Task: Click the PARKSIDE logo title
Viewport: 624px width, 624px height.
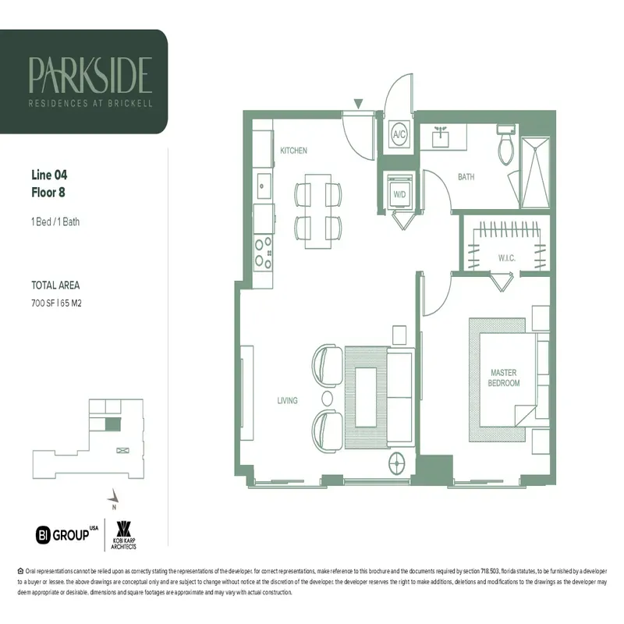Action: tap(90, 74)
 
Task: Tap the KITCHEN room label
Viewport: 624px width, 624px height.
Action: tap(293, 150)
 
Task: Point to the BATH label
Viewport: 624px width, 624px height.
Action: tap(466, 177)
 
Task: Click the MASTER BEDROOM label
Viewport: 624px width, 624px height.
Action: tap(504, 378)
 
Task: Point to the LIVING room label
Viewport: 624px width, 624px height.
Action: tap(287, 400)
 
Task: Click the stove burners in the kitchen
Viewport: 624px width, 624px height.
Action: tap(262, 252)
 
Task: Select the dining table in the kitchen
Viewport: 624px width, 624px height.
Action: tap(318, 210)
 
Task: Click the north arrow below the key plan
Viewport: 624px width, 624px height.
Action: tap(114, 495)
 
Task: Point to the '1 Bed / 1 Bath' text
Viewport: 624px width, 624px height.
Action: tap(55, 222)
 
